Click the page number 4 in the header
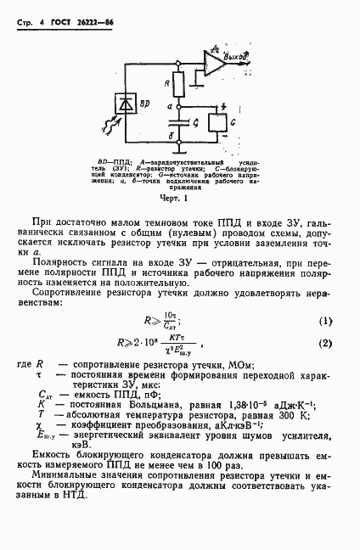pos(39,12)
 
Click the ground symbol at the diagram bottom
pos(177,153)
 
